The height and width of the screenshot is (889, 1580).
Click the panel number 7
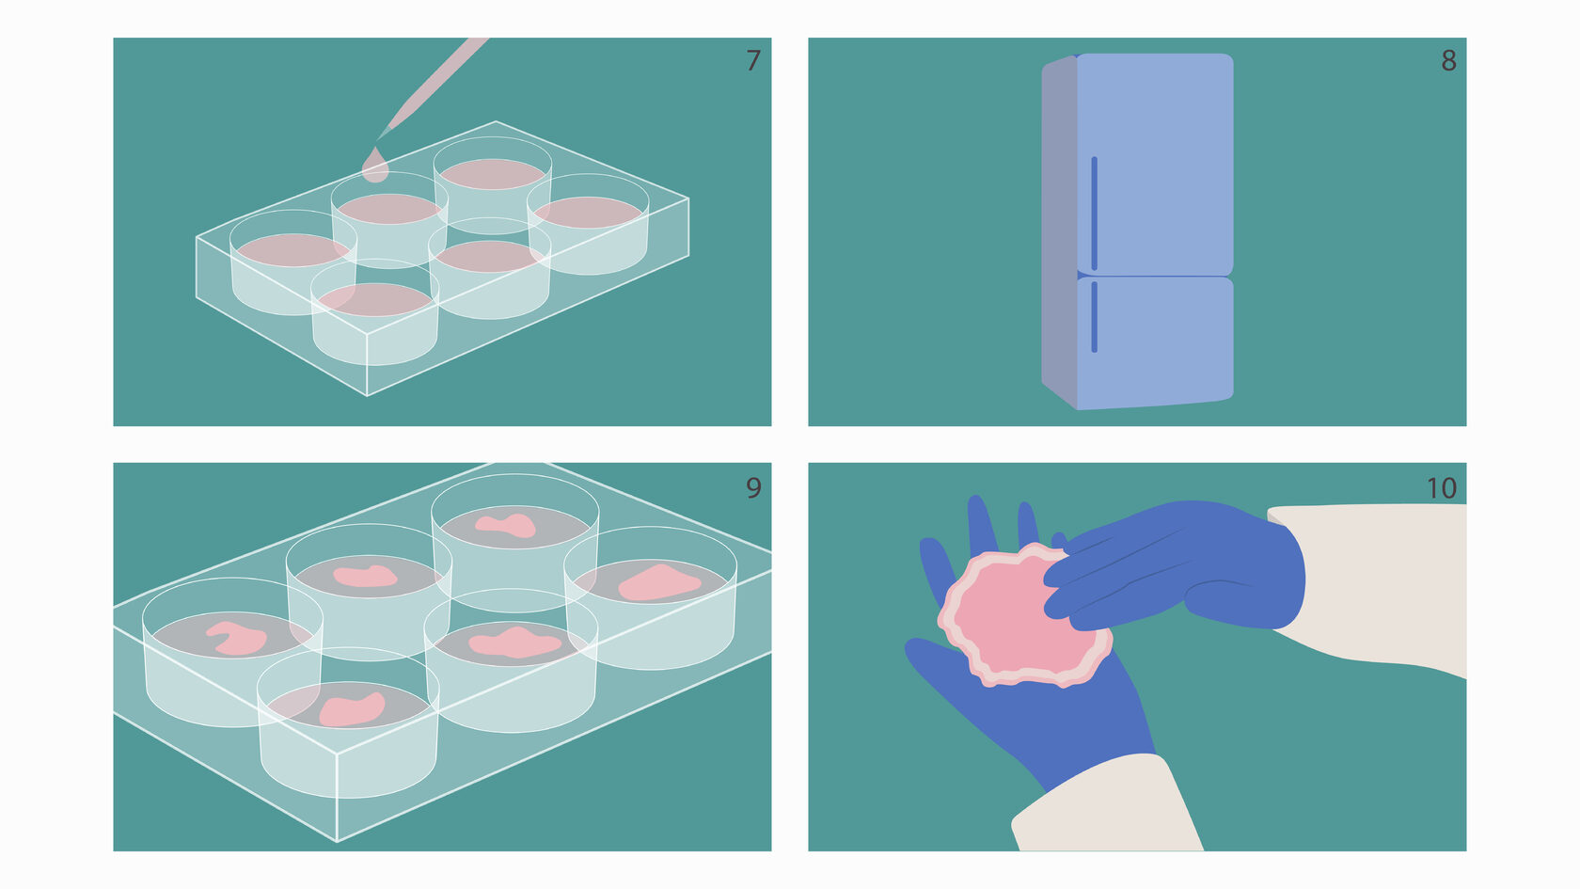753,60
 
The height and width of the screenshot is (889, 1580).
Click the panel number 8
1448,60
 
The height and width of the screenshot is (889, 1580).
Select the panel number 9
753,487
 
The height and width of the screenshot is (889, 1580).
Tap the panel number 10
1441,488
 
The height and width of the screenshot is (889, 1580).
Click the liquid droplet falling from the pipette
374,167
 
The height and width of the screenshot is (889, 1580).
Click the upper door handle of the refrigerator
1094,213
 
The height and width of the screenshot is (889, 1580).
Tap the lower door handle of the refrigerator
1094,317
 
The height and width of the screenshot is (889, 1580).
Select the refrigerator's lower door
1155,342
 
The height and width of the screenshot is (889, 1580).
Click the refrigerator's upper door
1155,164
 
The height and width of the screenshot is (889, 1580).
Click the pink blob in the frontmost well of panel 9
352,709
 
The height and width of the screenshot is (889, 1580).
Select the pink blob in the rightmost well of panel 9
658,583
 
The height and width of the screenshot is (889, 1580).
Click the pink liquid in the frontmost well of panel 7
374,299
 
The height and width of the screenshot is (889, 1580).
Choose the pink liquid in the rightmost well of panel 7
589,213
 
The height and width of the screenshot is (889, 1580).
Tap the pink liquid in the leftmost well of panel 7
292,250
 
